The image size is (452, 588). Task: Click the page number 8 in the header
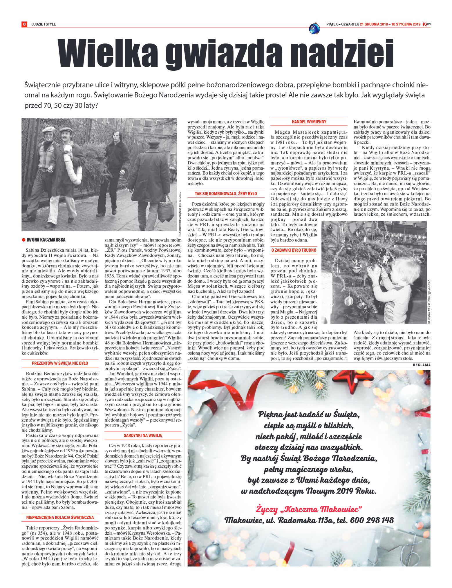tap(24, 24)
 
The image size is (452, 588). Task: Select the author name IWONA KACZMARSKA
tap(46, 240)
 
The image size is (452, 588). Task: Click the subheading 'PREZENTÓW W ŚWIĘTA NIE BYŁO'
tap(60, 363)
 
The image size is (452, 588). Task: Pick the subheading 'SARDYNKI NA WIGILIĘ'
tap(143, 435)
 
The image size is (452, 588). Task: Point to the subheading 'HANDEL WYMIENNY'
tap(309, 122)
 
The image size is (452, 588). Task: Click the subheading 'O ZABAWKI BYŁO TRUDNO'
tap(294, 250)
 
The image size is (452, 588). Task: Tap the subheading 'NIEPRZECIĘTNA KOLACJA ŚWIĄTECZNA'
tap(60, 517)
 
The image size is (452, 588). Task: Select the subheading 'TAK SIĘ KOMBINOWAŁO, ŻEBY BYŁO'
tap(226, 193)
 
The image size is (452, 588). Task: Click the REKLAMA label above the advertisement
tap(422, 365)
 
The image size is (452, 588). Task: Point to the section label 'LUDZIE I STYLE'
tap(44, 24)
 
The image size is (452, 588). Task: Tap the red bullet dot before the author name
tap(23, 240)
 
